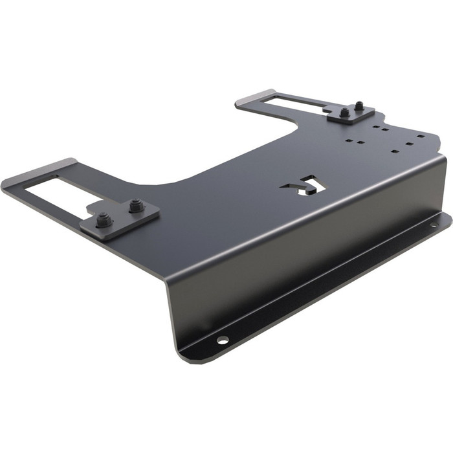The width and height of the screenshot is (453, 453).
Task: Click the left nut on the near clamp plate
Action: coord(104,221)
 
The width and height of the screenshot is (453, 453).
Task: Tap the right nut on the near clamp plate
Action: coord(135,206)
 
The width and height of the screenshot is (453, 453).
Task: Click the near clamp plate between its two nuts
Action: coord(120,217)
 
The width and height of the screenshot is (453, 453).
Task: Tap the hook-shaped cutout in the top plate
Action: coord(304,186)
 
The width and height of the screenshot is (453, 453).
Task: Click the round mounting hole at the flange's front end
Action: coord(222,340)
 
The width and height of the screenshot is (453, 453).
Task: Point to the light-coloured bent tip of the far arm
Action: coord(256,96)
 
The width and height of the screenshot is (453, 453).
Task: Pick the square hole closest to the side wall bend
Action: coord(395,151)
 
